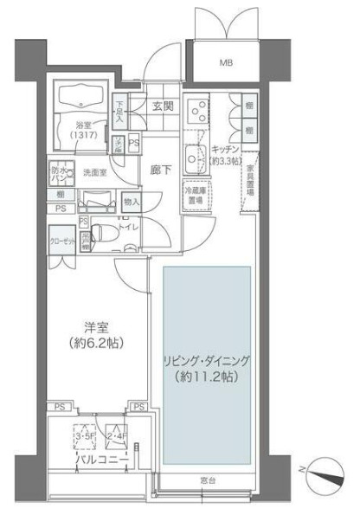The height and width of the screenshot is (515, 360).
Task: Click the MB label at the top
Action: pos(226,62)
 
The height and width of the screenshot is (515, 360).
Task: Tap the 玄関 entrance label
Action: pos(164,107)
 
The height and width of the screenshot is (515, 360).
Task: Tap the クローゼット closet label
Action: pos(61,243)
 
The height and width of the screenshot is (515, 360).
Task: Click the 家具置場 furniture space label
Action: pos(249,179)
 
